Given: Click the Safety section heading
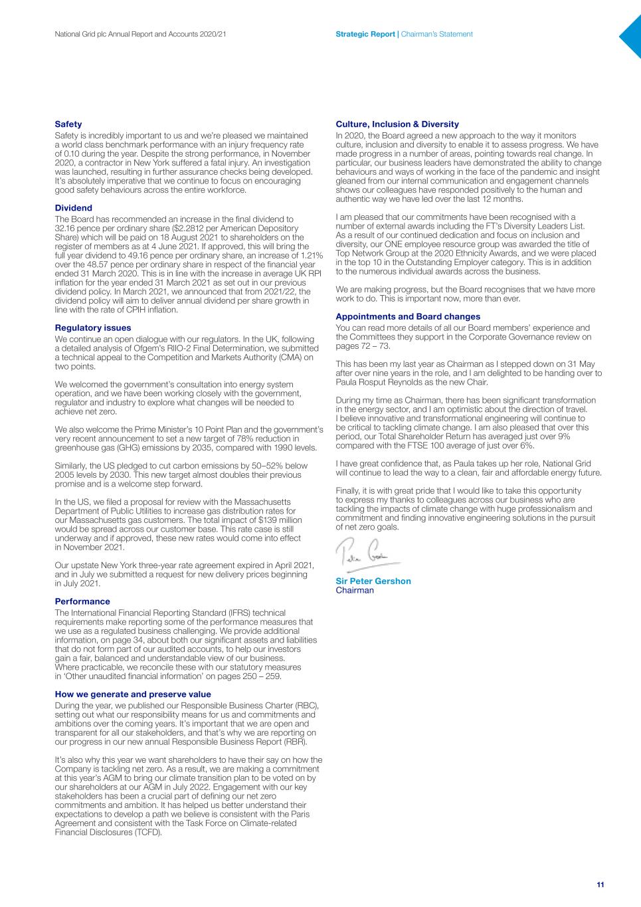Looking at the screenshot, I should tap(68, 124).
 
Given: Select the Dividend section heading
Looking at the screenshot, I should tap(73, 208).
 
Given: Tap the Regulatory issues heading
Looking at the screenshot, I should tap(93, 328).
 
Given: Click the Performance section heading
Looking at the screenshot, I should tap(82, 601).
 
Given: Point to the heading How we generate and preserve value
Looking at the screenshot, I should tap(133, 694).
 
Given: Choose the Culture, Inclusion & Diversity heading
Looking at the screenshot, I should tap(397, 124).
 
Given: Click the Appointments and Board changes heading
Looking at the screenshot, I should tap(408, 316).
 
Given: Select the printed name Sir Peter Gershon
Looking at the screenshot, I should tap(373, 581).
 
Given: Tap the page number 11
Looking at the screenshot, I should tap(600, 884).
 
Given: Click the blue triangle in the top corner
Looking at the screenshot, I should tap(632, 37).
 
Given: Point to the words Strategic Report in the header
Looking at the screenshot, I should tap(365, 34).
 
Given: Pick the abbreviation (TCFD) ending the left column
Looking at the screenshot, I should tap(148, 832).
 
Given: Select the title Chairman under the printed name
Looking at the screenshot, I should tap(355, 590).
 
